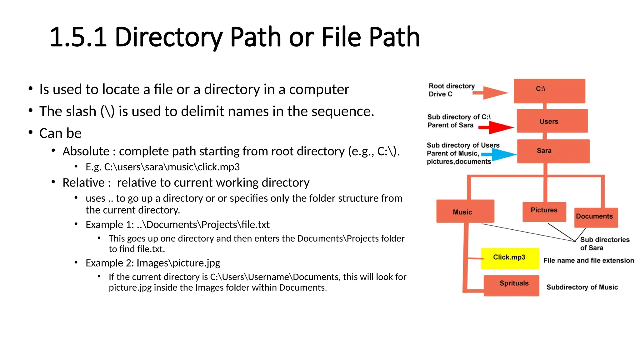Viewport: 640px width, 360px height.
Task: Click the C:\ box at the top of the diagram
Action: coord(549,91)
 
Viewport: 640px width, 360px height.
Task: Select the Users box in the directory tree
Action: coord(552,121)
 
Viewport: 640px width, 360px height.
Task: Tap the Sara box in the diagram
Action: coord(553,151)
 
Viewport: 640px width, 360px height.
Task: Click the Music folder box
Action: coord(465,211)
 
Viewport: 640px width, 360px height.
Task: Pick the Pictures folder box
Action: coord(544,212)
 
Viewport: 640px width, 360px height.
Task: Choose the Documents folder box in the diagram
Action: coord(596,217)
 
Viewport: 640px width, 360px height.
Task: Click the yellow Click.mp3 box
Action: coord(510,258)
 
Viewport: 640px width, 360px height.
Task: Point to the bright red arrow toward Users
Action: coord(497,127)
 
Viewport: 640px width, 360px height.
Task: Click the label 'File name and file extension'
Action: coord(588,261)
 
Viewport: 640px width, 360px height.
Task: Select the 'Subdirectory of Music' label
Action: coord(582,287)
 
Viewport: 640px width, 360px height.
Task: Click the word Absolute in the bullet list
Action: coord(86,152)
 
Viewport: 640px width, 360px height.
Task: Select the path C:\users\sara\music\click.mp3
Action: coord(172,167)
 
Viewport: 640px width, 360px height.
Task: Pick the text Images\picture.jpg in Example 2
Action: coord(178,263)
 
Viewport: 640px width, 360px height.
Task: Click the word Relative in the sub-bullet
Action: coord(83,183)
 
